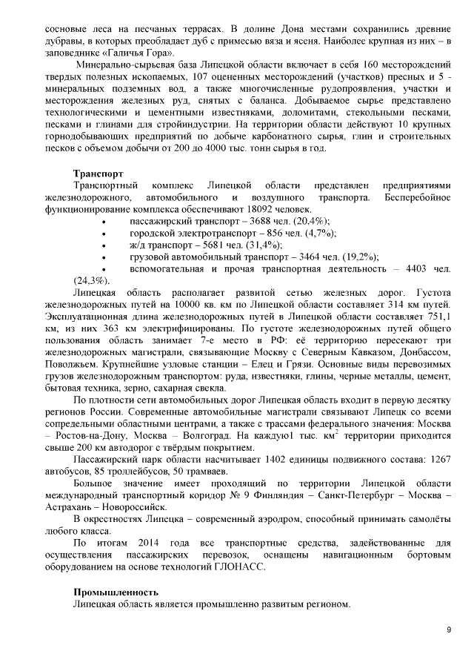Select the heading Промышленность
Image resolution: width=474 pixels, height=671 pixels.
click(x=116, y=592)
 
